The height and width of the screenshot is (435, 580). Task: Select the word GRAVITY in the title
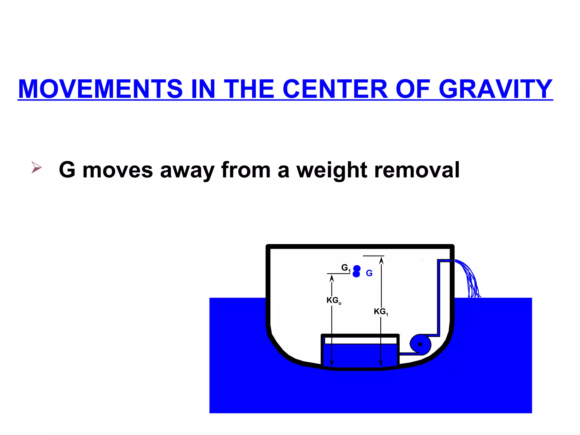tap(495, 89)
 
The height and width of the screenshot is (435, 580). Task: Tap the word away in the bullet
tap(187, 170)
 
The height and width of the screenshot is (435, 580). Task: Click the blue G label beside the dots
tap(369, 273)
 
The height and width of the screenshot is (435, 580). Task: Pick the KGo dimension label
tap(334, 300)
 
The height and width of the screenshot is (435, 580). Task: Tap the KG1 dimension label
tap(381, 312)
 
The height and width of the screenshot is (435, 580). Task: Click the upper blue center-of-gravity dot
tap(357, 268)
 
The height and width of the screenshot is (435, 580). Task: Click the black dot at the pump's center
tap(420, 344)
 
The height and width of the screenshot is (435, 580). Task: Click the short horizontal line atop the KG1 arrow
tap(373, 256)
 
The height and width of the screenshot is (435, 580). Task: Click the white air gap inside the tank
tap(360, 340)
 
